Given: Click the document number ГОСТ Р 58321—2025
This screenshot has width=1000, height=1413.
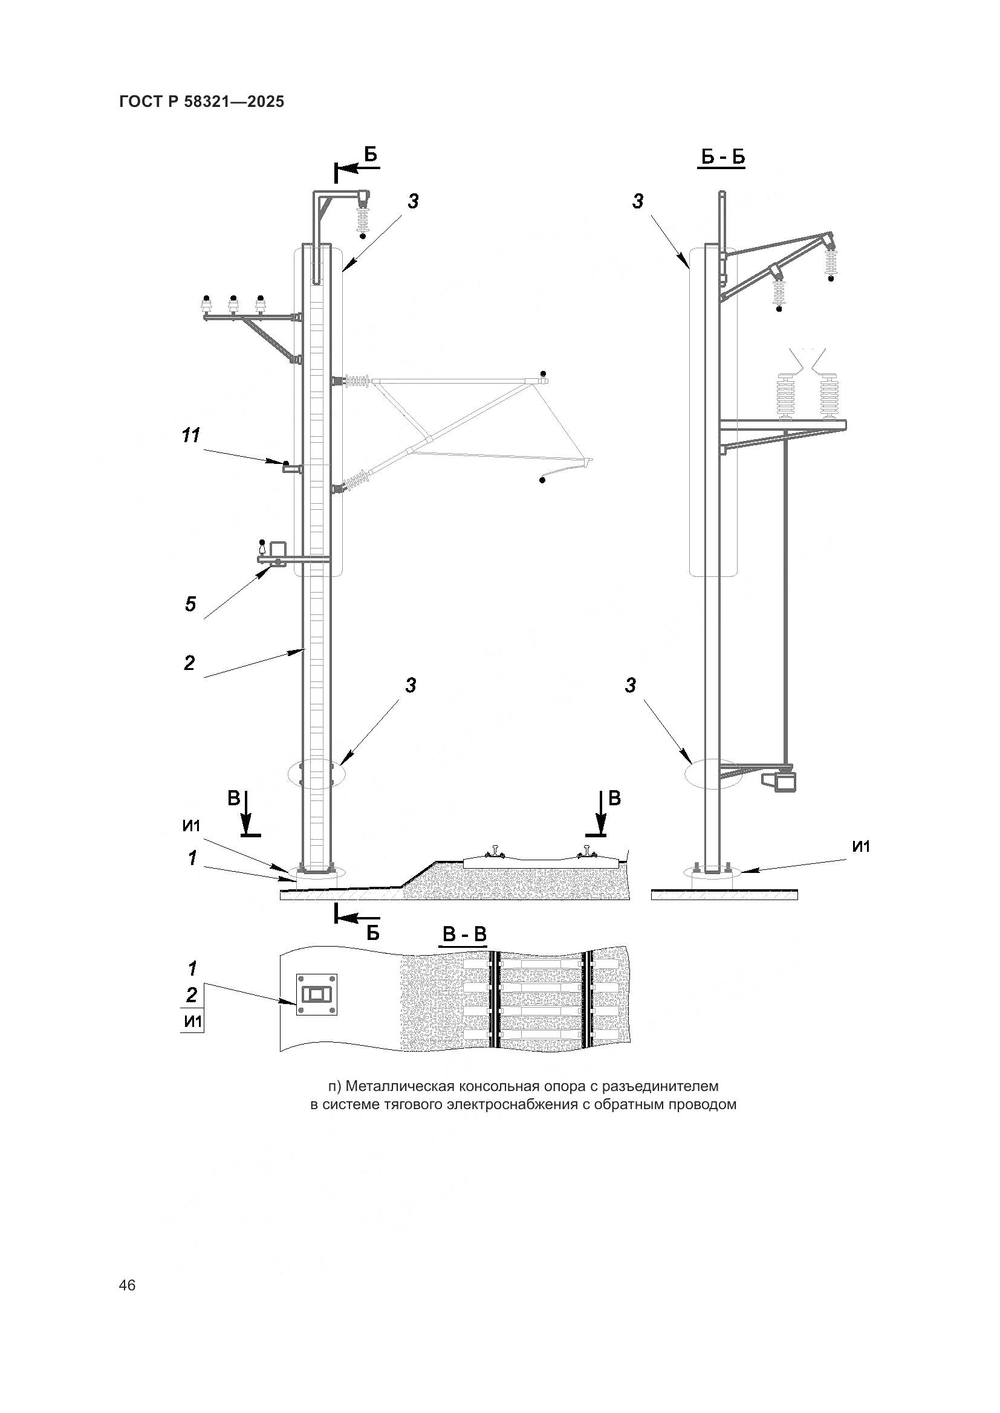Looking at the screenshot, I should tap(202, 102).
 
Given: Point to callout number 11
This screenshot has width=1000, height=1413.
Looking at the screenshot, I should tap(191, 436).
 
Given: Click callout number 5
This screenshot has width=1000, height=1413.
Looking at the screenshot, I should tap(190, 604).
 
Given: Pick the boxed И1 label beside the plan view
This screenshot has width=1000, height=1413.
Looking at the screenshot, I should tap(193, 1022).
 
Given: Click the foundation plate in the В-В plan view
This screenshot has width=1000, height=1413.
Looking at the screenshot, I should tap(318, 994).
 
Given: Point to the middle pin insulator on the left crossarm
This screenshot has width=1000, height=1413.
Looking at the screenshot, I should tap(233, 305).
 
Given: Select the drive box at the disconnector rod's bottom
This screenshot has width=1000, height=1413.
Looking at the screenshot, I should tap(779, 782).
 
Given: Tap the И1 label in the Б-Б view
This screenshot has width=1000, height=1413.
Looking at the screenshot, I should tap(861, 847).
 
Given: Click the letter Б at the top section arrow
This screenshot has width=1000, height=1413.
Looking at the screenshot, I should tap(370, 155).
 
